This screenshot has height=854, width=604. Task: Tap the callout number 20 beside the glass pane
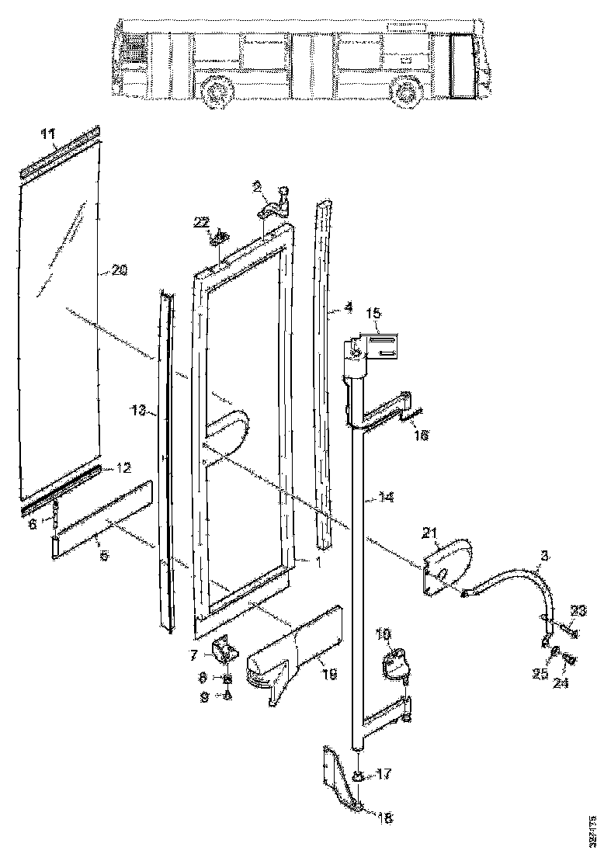[119, 270]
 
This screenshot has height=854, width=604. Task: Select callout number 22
[202, 222]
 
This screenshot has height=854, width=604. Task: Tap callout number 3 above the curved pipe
[544, 557]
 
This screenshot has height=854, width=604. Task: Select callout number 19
[328, 675]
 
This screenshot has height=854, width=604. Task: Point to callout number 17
[385, 774]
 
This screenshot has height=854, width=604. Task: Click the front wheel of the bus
[404, 92]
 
